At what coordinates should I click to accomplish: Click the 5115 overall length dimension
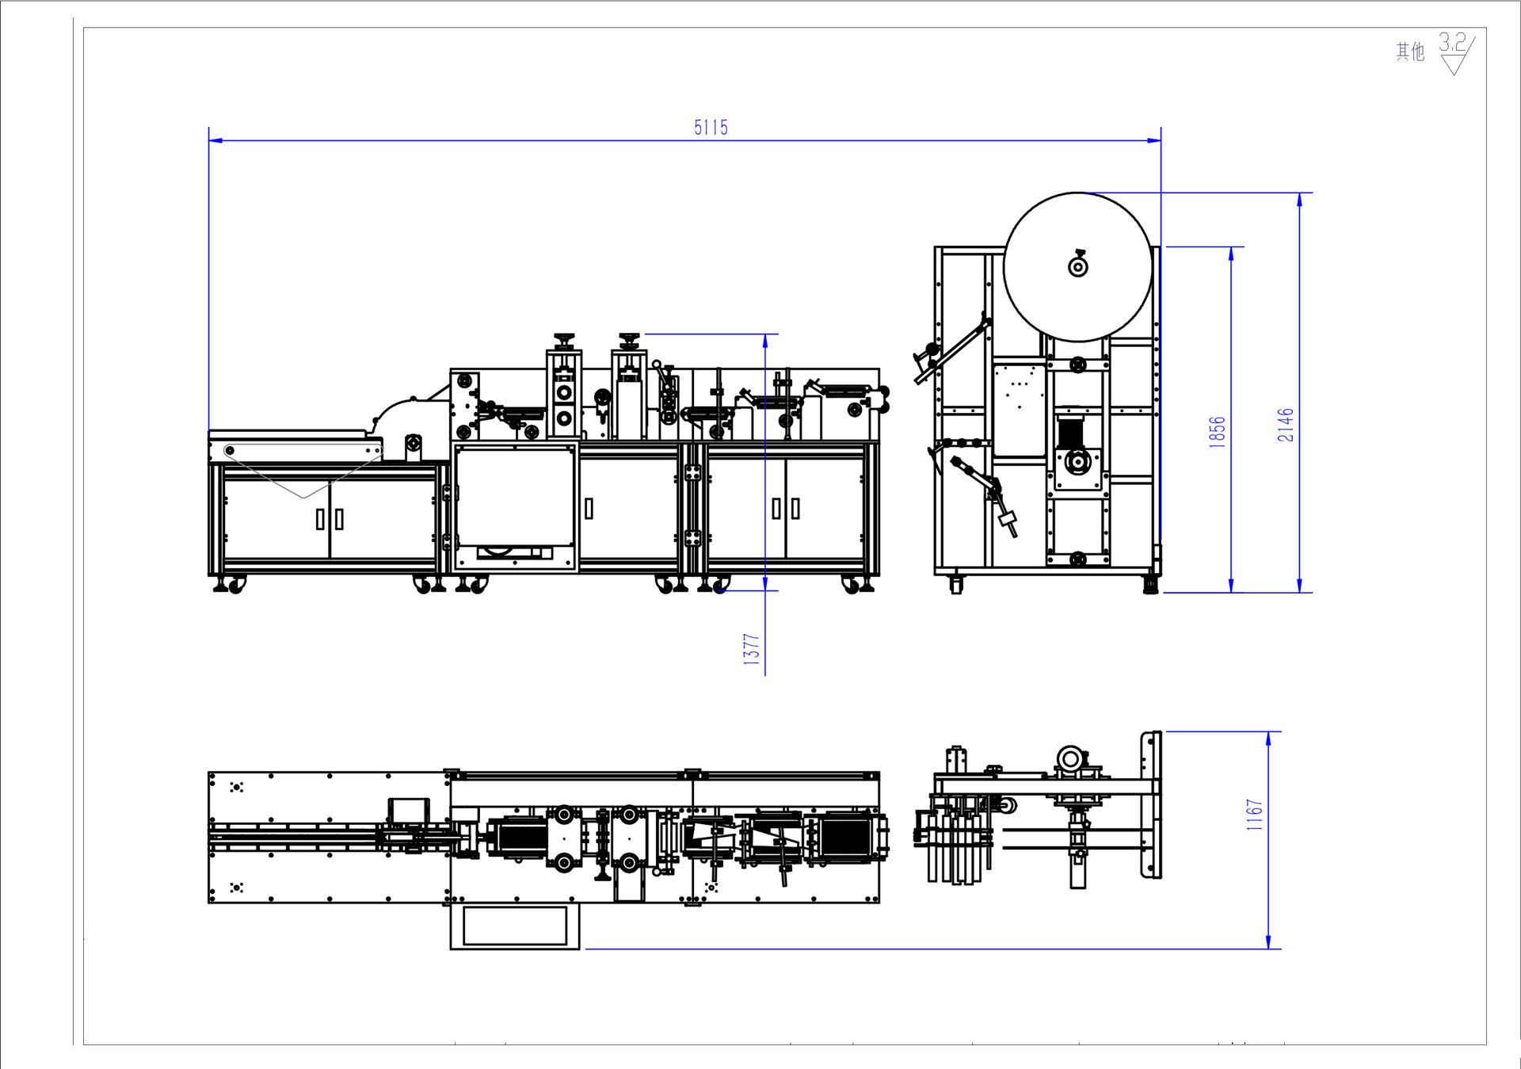click(x=711, y=128)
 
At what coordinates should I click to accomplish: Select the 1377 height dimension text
click(x=751, y=649)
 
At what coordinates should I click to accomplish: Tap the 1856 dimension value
click(x=1217, y=432)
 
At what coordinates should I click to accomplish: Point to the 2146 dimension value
click(x=1285, y=425)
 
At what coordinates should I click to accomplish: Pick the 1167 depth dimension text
click(x=1254, y=815)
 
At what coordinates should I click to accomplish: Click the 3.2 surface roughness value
click(x=1452, y=42)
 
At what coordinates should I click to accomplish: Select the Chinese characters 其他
click(x=1409, y=52)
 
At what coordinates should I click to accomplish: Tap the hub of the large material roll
click(x=1078, y=267)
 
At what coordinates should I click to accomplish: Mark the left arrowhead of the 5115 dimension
click(x=215, y=141)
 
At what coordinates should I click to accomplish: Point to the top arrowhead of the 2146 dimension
click(x=1299, y=200)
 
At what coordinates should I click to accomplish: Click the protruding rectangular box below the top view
click(x=515, y=926)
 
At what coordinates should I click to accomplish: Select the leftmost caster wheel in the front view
click(x=235, y=586)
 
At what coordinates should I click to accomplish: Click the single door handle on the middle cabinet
click(x=589, y=508)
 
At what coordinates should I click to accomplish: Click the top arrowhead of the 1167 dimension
click(x=1268, y=739)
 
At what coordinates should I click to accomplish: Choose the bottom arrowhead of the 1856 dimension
click(x=1231, y=586)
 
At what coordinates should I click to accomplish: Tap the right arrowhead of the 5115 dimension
click(x=1155, y=141)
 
